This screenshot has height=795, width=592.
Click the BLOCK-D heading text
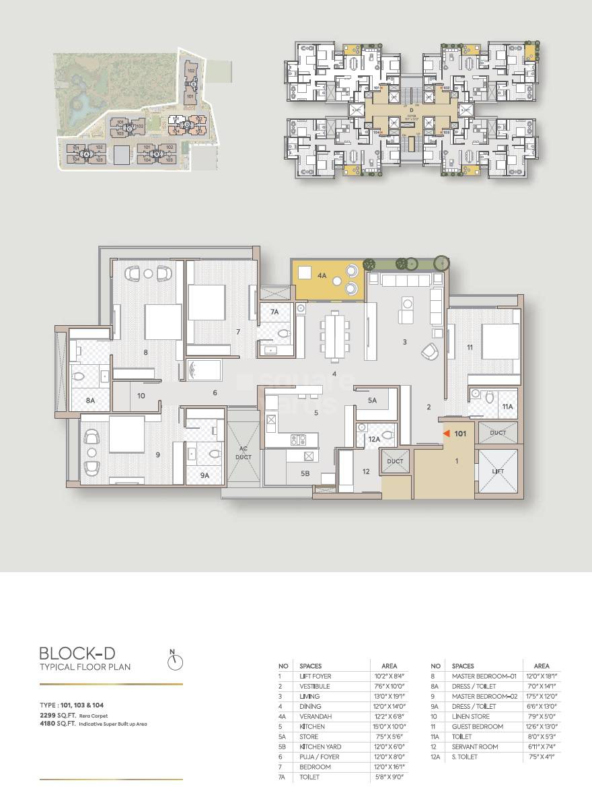(x=85, y=653)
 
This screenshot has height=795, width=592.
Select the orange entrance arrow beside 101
(x=445, y=434)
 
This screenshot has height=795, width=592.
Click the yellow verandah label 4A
(x=322, y=275)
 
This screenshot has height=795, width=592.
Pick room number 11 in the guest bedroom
(x=470, y=347)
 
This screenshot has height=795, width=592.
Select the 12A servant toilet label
(x=373, y=439)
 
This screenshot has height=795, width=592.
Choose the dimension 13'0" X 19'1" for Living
(x=389, y=696)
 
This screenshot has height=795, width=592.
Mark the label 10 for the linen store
(x=141, y=396)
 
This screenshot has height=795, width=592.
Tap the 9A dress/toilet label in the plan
(x=205, y=474)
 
